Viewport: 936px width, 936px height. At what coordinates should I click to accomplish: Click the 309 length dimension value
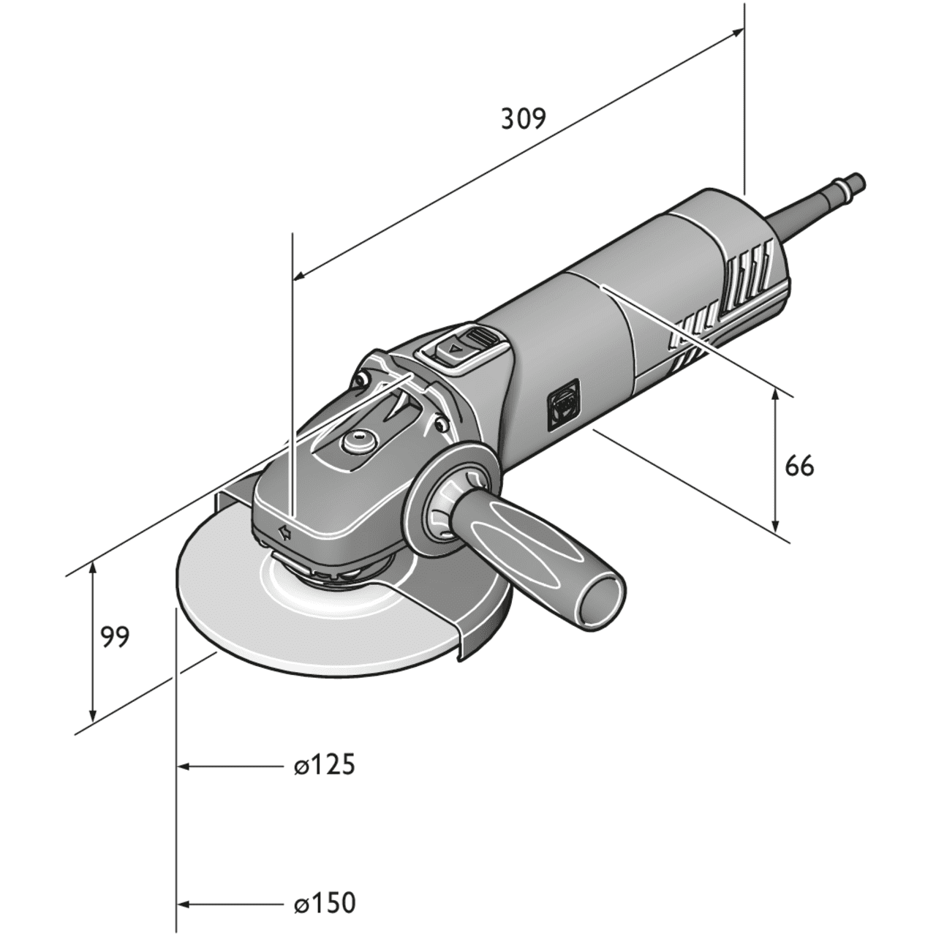coord(524,118)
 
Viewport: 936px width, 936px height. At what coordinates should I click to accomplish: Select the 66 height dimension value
coord(799,465)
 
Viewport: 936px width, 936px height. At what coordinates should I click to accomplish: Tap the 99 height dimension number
coord(115,637)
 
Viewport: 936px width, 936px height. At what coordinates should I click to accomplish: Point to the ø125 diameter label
coord(324,766)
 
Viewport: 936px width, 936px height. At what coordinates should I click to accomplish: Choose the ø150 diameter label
coord(324,902)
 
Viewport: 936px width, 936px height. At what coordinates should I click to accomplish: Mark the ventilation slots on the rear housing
coord(746,279)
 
